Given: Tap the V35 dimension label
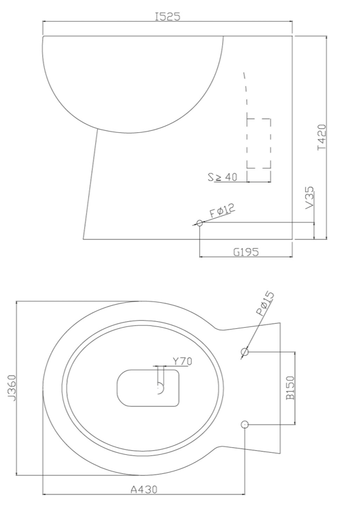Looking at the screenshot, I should (310, 200).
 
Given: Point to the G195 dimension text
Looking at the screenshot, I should (245, 252).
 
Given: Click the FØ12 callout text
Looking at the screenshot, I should (222, 211).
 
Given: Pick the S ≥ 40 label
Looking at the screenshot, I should (223, 177).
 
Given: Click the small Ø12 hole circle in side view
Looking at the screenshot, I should (200, 223).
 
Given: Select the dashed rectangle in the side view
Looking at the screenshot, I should (259, 144).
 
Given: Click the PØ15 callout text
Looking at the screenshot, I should (265, 305).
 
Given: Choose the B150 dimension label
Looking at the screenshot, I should (290, 388).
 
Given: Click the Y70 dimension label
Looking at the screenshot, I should (183, 361).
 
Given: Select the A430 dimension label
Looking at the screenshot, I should (144, 490).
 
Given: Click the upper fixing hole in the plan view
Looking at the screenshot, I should (245, 351).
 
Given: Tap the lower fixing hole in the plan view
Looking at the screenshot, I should (245, 424).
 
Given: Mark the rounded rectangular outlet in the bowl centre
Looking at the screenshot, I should (147, 388).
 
